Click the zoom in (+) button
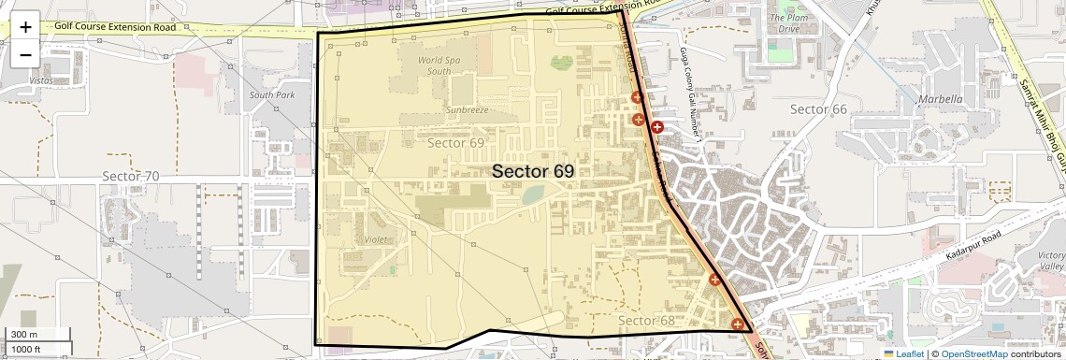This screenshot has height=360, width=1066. pyautogui.click(x=25, y=26)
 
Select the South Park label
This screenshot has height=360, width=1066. pyautogui.click(x=272, y=95)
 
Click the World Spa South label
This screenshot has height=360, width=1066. pyautogui.click(x=439, y=65)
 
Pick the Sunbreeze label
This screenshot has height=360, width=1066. pyautogui.click(x=467, y=109)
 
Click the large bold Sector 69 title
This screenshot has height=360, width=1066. pyautogui.click(x=532, y=171)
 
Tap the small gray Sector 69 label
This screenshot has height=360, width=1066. pyautogui.click(x=455, y=143)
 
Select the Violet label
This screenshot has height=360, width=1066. pyautogui.click(x=379, y=238)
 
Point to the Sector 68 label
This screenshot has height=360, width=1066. pyautogui.click(x=645, y=321)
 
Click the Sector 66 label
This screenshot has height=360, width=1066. pyautogui.click(x=818, y=109)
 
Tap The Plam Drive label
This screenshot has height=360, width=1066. pyautogui.click(x=784, y=23)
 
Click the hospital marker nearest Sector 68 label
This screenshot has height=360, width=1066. pyautogui.click(x=738, y=324)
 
